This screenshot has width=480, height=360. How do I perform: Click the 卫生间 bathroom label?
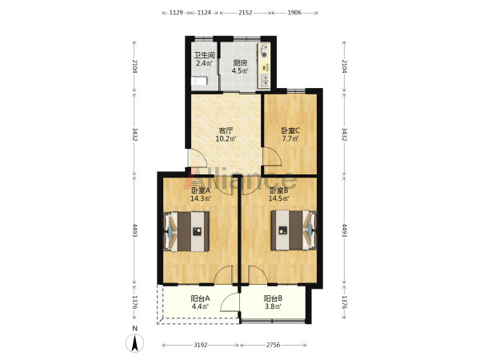[x=204, y=55]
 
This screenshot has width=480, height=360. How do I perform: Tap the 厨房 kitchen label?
[x=240, y=63]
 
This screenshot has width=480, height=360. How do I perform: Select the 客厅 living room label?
[x=226, y=130]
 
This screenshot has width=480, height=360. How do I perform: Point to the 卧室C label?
[x=290, y=130]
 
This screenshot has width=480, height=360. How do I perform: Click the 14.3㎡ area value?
[x=201, y=198]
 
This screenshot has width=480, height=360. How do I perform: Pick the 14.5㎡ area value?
[x=278, y=198]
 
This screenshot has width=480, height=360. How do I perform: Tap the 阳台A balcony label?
[x=200, y=298]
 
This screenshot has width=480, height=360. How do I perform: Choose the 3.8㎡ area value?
[x=274, y=306]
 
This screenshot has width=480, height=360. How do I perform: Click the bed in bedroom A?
[x=186, y=231]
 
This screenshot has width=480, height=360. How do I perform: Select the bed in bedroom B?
[x=294, y=230]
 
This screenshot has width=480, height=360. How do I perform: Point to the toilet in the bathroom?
[x=199, y=81]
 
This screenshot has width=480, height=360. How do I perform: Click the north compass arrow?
[x=134, y=343]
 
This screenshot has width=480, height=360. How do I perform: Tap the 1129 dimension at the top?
[x=176, y=13]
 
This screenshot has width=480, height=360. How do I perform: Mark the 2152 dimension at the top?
[x=246, y=13]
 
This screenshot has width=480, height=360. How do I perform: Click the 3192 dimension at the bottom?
[x=201, y=345]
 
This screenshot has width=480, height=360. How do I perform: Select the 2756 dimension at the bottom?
[x=273, y=345]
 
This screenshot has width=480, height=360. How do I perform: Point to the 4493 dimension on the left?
[x=135, y=230]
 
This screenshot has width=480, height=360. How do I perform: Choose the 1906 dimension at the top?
[x=294, y=13]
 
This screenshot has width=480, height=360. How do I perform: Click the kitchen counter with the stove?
[x=264, y=66]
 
